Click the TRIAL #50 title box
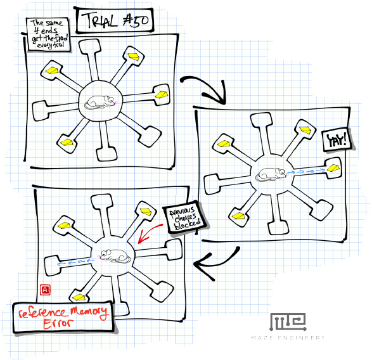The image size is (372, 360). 115,21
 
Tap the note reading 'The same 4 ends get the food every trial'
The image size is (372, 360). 48,34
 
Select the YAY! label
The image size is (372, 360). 337,140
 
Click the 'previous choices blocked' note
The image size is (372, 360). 185,219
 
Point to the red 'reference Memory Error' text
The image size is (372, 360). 63,316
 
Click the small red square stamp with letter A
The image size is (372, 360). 45,290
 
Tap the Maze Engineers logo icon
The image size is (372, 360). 288,322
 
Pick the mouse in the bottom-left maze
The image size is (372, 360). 114,256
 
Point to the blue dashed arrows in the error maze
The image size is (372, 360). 75,262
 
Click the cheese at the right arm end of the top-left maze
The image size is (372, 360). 162,94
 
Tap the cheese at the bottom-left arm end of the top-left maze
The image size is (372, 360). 67,142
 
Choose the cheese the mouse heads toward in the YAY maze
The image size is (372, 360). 333,167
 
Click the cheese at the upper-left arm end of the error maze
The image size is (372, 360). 64,225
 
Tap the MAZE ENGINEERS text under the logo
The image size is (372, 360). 288,338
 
